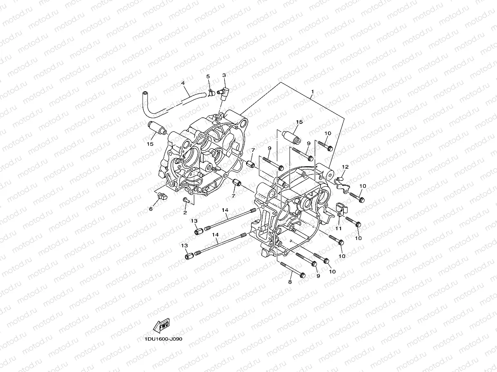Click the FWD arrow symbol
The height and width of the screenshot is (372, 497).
point(161,325)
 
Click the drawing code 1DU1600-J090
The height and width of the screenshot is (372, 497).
point(163,339)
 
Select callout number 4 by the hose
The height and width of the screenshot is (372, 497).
point(183,83)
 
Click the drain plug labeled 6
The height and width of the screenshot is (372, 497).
point(161,196)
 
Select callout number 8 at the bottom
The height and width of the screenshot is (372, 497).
point(290,282)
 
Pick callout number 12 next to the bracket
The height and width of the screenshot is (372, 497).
point(345,167)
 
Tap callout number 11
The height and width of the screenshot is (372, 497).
point(339,229)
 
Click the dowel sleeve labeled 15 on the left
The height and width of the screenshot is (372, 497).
point(158,128)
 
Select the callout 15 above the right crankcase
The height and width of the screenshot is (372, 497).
point(299,122)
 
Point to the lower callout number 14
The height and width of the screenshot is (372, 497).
point(215,234)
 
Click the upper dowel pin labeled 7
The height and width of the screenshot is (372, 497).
point(251,165)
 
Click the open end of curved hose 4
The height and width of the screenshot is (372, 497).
point(144,95)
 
